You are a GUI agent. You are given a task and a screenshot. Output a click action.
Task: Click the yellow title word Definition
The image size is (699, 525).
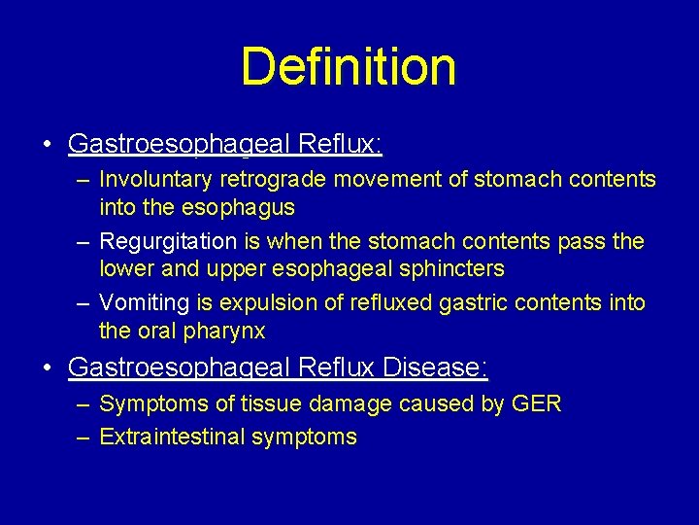tap(349, 67)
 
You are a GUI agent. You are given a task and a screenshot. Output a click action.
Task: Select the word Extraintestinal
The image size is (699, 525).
tap(172, 437)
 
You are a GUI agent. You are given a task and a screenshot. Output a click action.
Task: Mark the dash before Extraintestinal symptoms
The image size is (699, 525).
tap(84, 437)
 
